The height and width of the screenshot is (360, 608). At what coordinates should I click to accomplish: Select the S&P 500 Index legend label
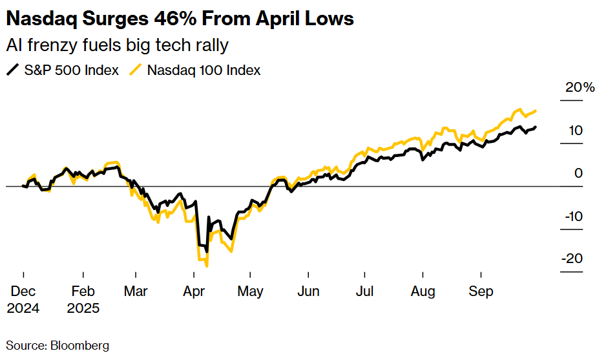click(x=72, y=70)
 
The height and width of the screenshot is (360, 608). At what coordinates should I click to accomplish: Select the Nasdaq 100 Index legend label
click(x=204, y=70)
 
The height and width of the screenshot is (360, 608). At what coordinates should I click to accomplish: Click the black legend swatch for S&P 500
click(x=13, y=70)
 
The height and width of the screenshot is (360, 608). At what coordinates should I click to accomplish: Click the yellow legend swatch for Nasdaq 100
click(x=136, y=70)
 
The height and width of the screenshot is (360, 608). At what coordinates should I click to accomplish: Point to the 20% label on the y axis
click(x=580, y=88)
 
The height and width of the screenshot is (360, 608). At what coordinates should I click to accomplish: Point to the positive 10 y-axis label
click(x=575, y=131)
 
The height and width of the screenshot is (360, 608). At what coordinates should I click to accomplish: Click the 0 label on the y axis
click(x=578, y=173)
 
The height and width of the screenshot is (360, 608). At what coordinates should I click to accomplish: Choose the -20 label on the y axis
click(x=572, y=259)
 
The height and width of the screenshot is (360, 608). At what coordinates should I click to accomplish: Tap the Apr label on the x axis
click(x=194, y=291)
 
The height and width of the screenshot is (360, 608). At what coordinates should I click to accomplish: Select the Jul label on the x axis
click(x=364, y=291)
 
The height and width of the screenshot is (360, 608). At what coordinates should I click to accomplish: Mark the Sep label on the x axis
click(x=481, y=291)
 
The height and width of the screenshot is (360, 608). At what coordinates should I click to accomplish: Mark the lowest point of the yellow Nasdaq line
click(x=207, y=265)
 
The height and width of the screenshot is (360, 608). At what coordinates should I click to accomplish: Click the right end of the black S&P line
click(x=535, y=127)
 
